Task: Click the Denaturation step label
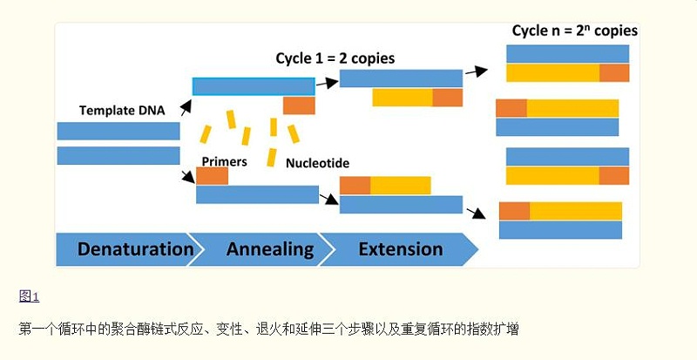point(135,249)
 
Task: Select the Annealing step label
point(270,249)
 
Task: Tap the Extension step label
point(400,249)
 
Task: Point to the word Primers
point(224,161)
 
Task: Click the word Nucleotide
point(318,162)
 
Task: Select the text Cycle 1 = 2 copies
point(335,58)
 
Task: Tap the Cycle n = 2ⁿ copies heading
point(574,31)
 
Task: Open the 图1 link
point(29,296)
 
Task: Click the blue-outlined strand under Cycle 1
point(254,86)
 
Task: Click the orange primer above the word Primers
point(212,175)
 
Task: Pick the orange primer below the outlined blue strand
point(299,105)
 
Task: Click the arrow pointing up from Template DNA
point(185,109)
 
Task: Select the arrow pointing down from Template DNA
point(187,177)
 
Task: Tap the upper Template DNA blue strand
point(118,131)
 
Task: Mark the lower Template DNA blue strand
point(118,156)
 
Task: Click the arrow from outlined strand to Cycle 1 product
point(327,83)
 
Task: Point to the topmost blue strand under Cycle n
point(567,54)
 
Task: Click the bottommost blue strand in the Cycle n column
point(560,229)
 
